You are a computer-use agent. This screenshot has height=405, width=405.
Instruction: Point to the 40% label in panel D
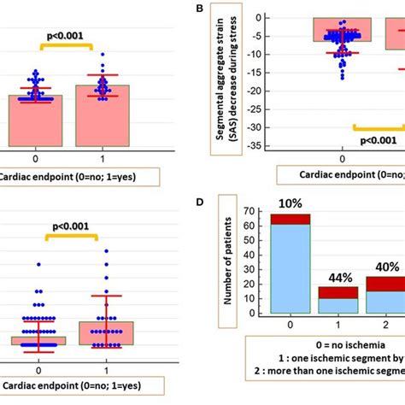[384, 266]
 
